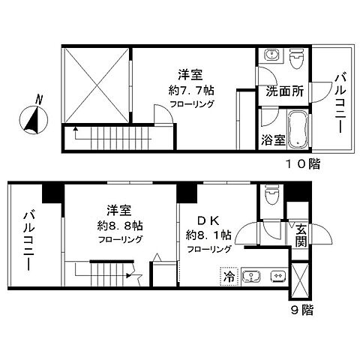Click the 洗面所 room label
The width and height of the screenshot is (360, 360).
pos(284,92)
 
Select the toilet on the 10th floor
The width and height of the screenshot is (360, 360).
pos(296,58)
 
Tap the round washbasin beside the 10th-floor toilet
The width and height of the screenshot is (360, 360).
pos(271,58)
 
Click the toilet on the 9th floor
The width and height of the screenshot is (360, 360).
pos(271,199)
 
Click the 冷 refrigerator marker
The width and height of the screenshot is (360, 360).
pos(228,276)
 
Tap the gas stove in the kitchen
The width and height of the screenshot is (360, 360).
pos(277,276)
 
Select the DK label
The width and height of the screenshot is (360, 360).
pos(208,220)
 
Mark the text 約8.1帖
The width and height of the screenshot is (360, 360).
pos(208,234)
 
